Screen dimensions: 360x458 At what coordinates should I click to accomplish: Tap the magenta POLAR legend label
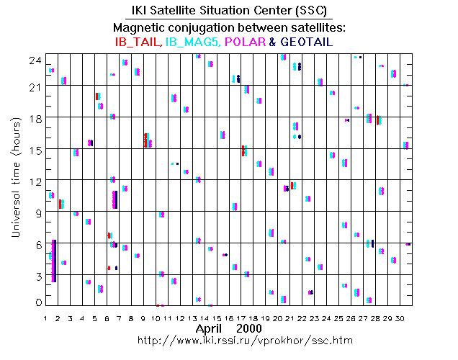pos(245,42)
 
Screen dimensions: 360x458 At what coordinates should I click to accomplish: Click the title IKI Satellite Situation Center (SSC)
pos(228,11)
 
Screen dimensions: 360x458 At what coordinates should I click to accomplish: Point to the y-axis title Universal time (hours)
pos(17,178)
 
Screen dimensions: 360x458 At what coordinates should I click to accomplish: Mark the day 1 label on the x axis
pos(45,318)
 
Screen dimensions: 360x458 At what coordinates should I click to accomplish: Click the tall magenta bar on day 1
pos(53,261)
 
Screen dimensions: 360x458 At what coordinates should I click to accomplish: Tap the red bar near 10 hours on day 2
pos(60,204)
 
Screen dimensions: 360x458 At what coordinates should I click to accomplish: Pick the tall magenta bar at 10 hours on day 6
pos(114,199)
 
